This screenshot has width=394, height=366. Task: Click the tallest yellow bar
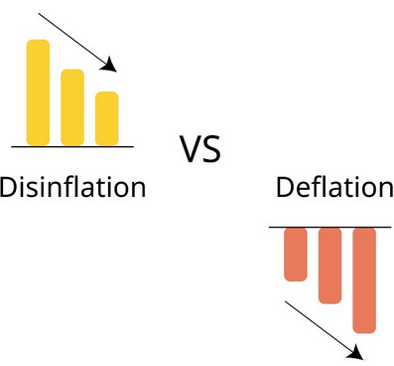[38, 92]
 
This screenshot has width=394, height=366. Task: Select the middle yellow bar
[72, 107]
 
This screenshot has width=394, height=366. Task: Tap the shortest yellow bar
[107, 118]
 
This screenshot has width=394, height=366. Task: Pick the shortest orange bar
[296, 255]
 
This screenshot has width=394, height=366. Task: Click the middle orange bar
[329, 266]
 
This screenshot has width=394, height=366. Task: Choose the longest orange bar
[364, 280]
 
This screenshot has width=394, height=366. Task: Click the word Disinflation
[72, 187]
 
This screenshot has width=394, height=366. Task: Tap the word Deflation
[334, 187]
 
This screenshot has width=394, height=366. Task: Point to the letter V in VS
[191, 149]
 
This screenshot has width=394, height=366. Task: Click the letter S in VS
[212, 149]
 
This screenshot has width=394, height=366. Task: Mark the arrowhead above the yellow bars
[109, 65]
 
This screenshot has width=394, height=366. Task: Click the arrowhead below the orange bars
[355, 352]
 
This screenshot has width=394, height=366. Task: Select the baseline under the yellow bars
[72, 146]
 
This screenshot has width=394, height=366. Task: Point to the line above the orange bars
[330, 228]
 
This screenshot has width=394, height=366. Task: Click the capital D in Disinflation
[8, 188]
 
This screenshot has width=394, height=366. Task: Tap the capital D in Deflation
[285, 188]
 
